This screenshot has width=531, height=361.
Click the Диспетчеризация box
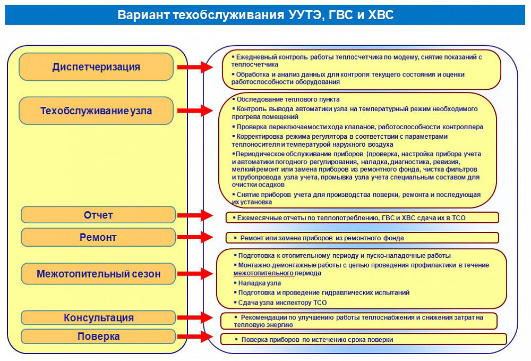[96, 67]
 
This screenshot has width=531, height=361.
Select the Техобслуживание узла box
[96, 111]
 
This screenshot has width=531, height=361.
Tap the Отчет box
[98, 215]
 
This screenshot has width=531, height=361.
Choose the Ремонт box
[98, 237]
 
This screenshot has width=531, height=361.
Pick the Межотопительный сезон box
[98, 274]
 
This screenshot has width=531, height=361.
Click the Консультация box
[98, 318]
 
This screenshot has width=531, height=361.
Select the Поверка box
[98, 337]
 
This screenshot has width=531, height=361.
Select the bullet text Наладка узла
[260, 283]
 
